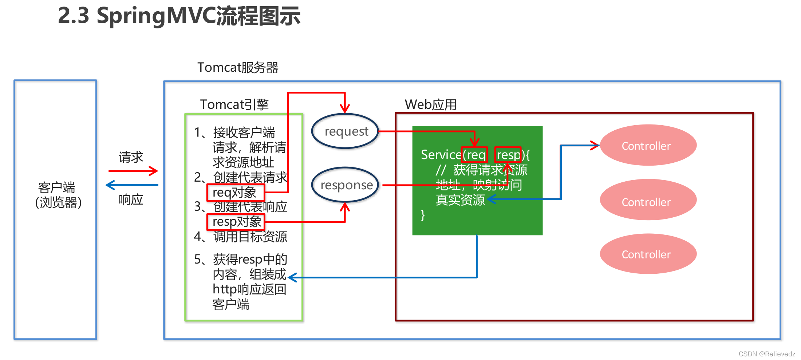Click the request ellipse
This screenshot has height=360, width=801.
tap(345, 131)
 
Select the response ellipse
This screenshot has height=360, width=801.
tap(345, 185)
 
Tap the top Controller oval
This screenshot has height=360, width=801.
tap(648, 145)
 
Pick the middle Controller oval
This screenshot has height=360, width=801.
tap(648, 200)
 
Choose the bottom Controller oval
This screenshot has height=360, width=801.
tap(648, 254)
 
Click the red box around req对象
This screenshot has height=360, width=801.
tap(236, 193)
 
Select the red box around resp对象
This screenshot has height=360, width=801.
tap(236, 222)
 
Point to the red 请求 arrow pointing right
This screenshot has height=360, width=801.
tap(133, 171)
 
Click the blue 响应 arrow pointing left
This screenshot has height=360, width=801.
tap(132, 185)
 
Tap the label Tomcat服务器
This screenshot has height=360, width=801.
tap(238, 68)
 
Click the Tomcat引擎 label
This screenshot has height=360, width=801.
tap(234, 104)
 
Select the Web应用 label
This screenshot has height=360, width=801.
tap(430, 105)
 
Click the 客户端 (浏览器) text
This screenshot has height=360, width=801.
tap(57, 195)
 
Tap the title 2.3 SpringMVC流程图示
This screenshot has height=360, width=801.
tap(179, 16)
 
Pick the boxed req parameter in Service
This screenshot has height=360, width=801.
tap(474, 155)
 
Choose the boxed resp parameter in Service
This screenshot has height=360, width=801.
tap(508, 155)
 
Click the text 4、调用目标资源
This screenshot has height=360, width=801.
tap(240, 237)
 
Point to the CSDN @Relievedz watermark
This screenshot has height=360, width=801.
tap(767, 354)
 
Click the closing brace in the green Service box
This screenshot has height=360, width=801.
tap(423, 215)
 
